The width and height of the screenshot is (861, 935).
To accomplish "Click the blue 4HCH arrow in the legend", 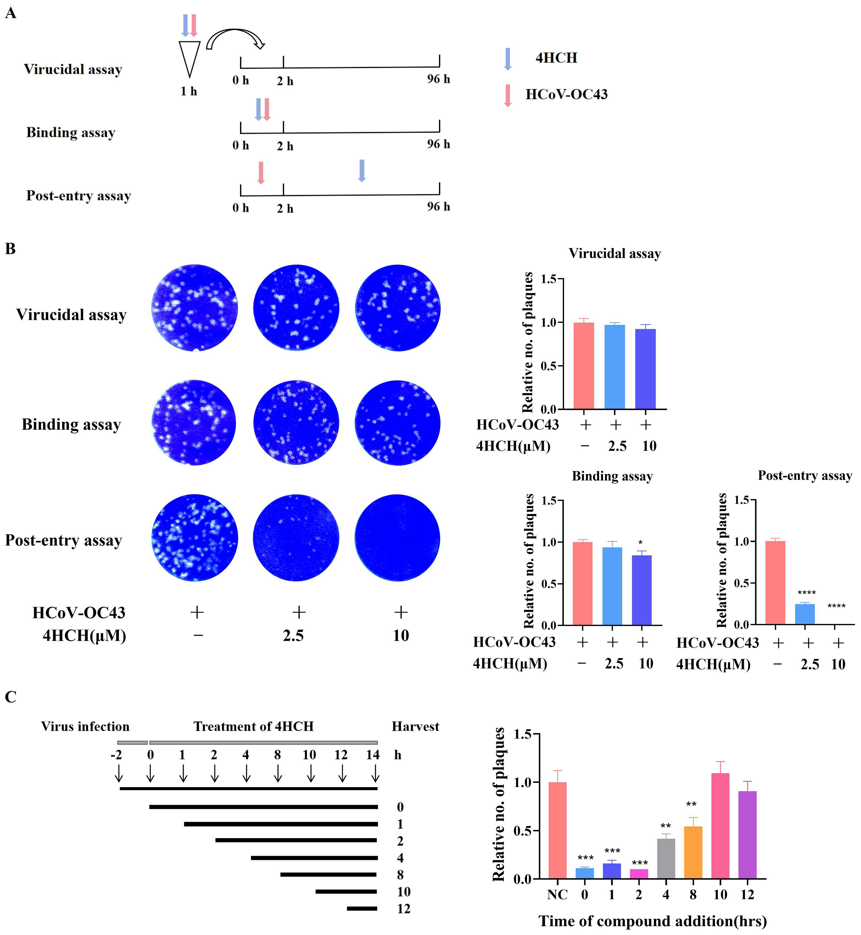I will click(508, 59).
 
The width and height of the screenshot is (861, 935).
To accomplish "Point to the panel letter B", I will click(10, 249).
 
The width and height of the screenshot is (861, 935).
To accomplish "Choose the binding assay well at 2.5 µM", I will click(296, 423).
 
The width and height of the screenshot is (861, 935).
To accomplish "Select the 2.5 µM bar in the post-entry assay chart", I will click(805, 614).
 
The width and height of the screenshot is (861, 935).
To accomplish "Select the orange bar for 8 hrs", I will click(693, 852).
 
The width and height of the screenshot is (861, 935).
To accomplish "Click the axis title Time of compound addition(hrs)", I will click(652, 921).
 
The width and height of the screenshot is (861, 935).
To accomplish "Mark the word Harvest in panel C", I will click(415, 727).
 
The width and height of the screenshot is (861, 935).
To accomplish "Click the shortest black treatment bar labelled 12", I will click(362, 909).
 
